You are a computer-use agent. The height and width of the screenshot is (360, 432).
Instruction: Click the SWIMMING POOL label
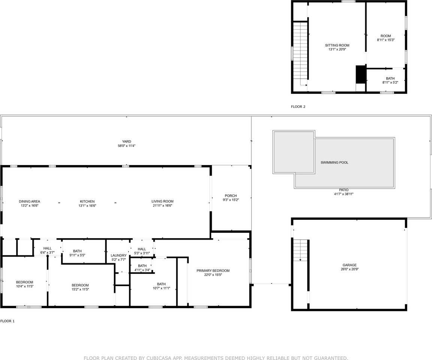point(334,163)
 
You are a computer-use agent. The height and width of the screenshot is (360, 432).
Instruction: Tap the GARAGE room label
point(349,265)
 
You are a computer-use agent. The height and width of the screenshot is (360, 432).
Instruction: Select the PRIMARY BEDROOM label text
point(213,271)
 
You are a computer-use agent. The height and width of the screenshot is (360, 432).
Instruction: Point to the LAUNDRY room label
point(118,256)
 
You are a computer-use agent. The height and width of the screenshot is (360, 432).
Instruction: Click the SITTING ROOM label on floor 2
point(337,45)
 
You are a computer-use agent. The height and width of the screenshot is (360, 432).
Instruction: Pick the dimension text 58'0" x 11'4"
point(126,146)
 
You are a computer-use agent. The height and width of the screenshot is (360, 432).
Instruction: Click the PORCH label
point(230,196)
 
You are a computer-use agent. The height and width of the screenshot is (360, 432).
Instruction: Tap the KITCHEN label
point(87,201)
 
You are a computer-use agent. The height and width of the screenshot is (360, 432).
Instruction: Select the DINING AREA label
point(29,201)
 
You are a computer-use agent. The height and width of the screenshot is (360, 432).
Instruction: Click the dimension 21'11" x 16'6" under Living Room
point(162,206)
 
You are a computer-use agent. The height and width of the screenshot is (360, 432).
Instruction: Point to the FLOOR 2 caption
point(298,107)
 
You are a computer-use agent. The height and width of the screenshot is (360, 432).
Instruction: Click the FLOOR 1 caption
point(7,321)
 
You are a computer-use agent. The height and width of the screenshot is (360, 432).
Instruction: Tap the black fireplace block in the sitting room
point(360,74)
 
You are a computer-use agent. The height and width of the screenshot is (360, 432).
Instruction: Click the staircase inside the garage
point(300,250)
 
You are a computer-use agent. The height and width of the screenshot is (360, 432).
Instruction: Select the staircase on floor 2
point(300,54)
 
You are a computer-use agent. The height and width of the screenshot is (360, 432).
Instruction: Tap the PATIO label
point(344,190)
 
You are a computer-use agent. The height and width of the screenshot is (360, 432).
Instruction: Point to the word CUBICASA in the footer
point(159,358)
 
